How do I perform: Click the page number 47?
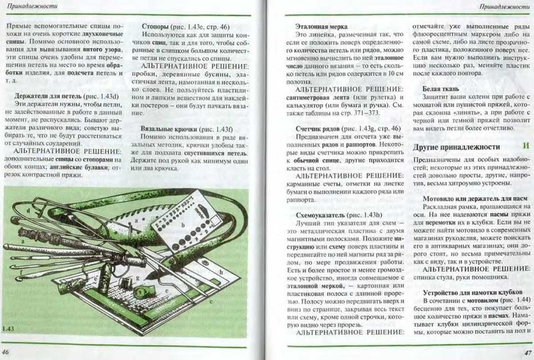(x=526, y=352)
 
